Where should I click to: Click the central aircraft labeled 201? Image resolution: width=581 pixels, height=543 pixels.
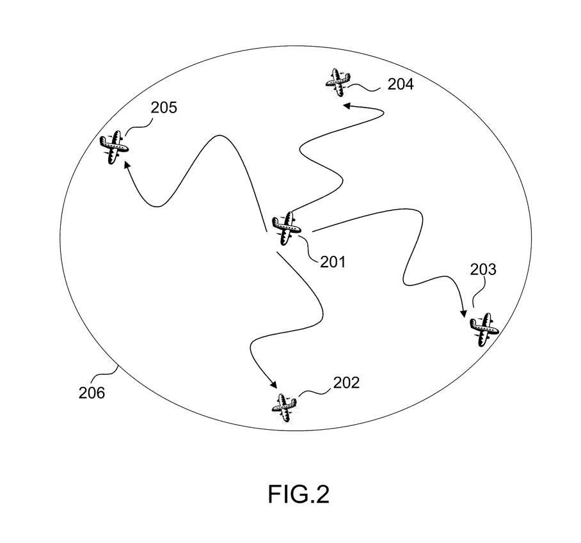pos(285,227)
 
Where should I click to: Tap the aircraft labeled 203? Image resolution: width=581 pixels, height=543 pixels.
pos(484,329)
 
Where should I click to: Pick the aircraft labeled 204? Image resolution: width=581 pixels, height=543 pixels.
pos(338,81)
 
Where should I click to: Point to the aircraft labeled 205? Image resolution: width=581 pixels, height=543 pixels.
pos(115,147)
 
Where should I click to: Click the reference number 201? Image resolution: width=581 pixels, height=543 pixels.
pos(332,261)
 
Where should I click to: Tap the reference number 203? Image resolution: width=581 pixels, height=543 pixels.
pos(482,270)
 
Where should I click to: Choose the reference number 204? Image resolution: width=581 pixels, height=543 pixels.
pos(400,84)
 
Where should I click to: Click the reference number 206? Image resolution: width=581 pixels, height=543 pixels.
pos(92,393)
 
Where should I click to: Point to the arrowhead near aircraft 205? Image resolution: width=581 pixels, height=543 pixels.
pos(127,165)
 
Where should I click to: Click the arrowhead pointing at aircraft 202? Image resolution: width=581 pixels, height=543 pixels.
pos(273,385)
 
